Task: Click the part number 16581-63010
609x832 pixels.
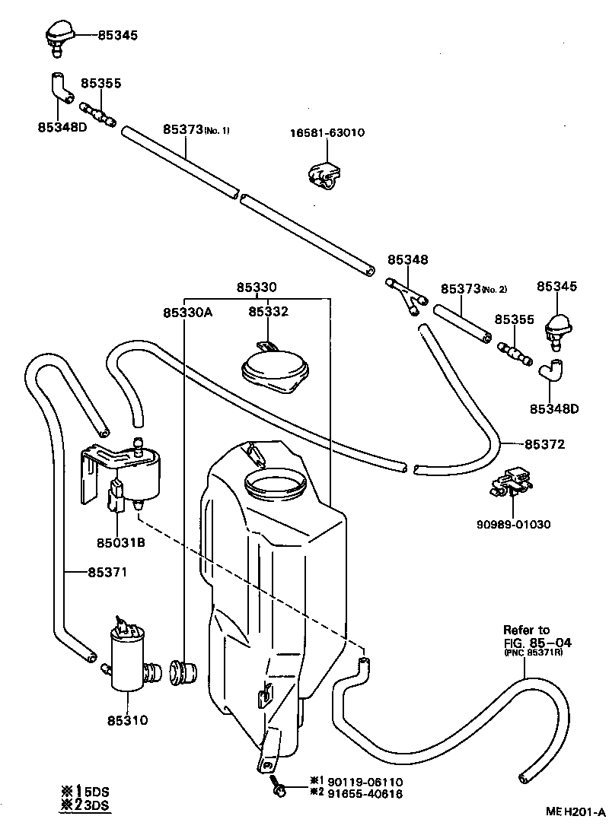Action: (327, 132)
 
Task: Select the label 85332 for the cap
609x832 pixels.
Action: (268, 312)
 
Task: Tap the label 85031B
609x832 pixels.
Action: (120, 543)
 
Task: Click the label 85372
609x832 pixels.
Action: (544, 443)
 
